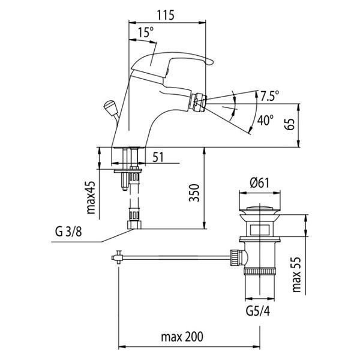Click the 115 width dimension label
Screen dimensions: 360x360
[x=166, y=15]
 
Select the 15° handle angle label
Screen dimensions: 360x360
[x=146, y=32]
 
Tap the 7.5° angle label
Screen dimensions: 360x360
[x=270, y=95]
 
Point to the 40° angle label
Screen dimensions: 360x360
[x=265, y=120]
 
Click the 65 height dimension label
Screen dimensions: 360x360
[x=290, y=124]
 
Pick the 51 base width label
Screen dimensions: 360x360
[x=158, y=157]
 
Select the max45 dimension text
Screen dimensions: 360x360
[x=91, y=197]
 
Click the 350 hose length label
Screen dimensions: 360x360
[x=194, y=193]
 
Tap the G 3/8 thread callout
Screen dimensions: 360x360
[x=68, y=232]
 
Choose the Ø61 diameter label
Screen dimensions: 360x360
[x=259, y=183]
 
